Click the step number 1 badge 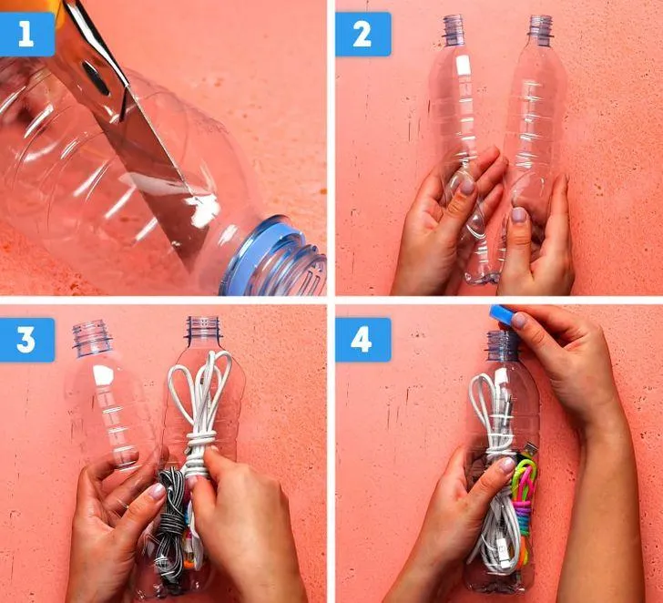26,35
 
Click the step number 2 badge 362,35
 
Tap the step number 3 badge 26,340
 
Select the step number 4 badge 362,340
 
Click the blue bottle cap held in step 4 503,315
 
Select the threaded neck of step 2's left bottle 454,29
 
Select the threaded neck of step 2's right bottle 540,28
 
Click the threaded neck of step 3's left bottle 92,337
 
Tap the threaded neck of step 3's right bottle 203,328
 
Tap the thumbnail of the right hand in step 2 518,216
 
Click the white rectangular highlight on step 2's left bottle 464,65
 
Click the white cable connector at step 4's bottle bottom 504,550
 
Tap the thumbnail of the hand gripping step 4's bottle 505,465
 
